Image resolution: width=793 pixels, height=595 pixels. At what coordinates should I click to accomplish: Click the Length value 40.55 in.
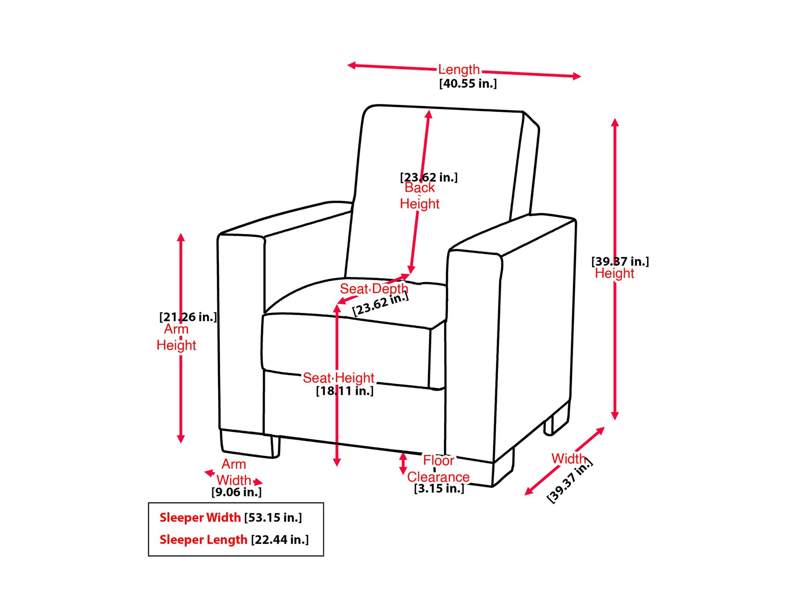click(x=468, y=83)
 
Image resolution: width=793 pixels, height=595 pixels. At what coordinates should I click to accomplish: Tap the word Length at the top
click(x=459, y=70)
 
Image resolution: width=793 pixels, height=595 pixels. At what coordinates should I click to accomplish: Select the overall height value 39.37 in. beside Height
click(x=620, y=261)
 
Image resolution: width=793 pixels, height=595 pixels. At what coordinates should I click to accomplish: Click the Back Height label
click(x=419, y=196)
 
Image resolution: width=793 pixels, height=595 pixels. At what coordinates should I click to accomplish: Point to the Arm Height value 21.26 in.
click(x=188, y=317)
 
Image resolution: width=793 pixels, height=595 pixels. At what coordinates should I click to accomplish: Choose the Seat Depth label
click(x=374, y=289)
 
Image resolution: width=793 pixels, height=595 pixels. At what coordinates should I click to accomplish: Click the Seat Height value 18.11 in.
click(x=345, y=391)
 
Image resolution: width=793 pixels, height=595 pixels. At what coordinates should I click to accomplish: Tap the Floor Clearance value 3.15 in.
click(x=439, y=488)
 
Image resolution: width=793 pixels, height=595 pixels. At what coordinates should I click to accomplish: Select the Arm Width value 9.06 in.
click(x=237, y=492)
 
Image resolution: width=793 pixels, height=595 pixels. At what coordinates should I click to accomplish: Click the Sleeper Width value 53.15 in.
click(x=273, y=517)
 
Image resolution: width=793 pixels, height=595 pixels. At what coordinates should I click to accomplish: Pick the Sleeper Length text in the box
click(x=203, y=539)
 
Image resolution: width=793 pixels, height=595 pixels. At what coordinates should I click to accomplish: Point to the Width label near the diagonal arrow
click(x=569, y=459)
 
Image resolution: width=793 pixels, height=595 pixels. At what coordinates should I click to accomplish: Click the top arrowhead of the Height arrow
click(x=615, y=122)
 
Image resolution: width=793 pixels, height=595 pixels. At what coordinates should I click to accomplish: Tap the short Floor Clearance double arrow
click(x=403, y=464)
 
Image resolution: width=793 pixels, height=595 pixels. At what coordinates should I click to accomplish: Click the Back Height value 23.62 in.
click(x=429, y=177)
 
